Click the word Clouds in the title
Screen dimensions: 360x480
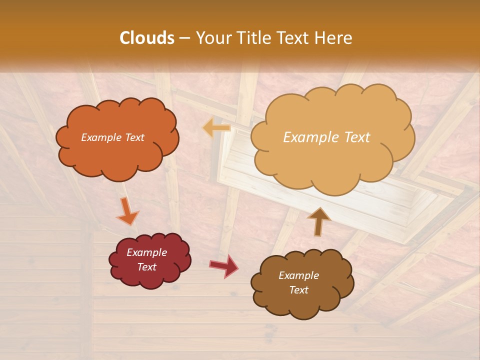coord(147,38)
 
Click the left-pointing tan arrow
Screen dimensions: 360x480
coord(216,128)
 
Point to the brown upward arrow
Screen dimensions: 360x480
coord(319,220)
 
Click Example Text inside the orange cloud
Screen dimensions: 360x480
coord(113,137)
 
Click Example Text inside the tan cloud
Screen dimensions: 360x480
coord(326,137)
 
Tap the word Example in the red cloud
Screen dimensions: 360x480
coord(146,253)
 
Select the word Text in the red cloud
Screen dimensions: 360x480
coord(146,267)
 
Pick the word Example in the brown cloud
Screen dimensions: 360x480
coord(298,275)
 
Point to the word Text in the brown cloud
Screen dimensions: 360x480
coord(298,290)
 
